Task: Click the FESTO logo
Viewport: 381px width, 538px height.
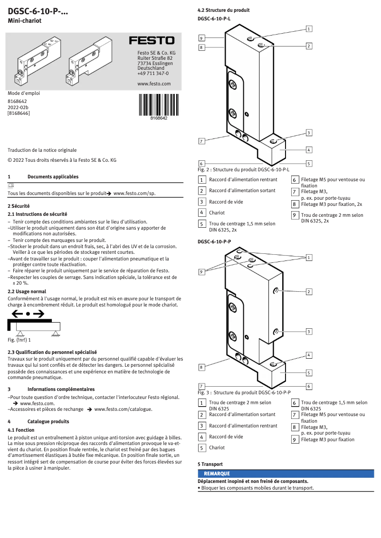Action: pos(152,41)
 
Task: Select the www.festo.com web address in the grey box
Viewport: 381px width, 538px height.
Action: pos(153,83)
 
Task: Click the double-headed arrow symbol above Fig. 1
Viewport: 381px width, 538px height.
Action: pos(28,314)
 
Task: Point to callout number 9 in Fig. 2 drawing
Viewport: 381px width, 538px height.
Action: pos(202,38)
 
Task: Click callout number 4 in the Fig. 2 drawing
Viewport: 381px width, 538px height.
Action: pos(309,150)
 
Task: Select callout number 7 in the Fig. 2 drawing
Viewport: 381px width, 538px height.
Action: pos(202,141)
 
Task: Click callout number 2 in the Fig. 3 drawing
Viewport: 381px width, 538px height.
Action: pos(309,291)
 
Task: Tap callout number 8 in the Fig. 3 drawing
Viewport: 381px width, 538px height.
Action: pos(202,367)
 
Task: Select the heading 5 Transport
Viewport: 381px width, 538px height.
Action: pos(210,464)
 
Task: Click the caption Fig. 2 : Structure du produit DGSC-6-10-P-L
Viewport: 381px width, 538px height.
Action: pos(243,169)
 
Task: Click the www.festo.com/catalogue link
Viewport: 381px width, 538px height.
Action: pos(123,409)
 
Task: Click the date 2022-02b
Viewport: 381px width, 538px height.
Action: pos(18,107)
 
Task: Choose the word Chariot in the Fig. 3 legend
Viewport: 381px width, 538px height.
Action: pos(217,447)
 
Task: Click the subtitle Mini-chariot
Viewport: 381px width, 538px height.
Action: pos(25,21)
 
